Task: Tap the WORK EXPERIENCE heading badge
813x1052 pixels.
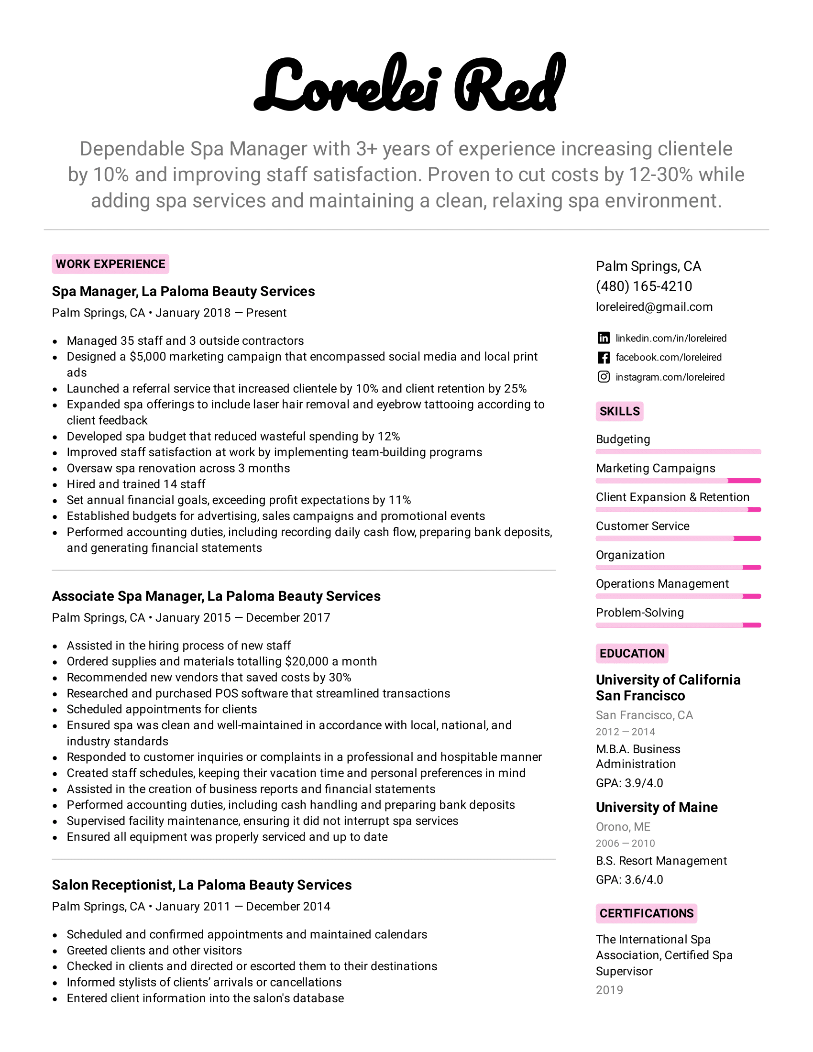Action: [110, 264]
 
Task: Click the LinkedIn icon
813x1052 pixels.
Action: [604, 338]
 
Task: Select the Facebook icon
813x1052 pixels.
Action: [604, 357]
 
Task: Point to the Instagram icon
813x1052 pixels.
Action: [604, 377]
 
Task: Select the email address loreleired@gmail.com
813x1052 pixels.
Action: [654, 307]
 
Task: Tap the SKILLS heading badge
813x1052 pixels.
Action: [619, 411]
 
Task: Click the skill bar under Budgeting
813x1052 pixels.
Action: [678, 452]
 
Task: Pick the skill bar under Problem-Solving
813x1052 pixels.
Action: [678, 625]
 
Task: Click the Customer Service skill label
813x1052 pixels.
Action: [642, 526]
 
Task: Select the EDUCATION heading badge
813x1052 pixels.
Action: [631, 654]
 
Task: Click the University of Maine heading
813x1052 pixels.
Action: [657, 807]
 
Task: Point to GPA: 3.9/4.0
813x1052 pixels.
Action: [629, 783]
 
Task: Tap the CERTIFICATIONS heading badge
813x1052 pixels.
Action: [646, 914]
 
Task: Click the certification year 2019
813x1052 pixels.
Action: [609, 990]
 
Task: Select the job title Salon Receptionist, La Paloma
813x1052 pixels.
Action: [201, 885]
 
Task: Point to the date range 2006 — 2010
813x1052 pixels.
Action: [625, 844]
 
